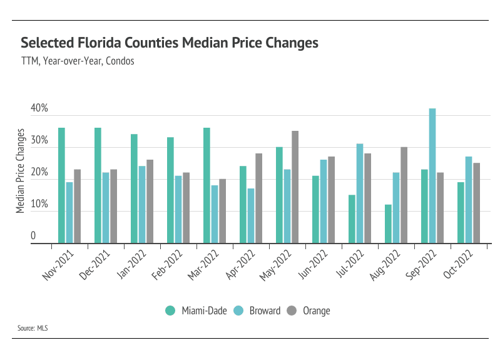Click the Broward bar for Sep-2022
click(432, 175)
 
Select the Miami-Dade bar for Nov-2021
click(61, 185)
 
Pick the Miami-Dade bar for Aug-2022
click(388, 224)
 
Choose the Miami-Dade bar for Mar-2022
click(207, 185)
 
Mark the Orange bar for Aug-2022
click(404, 195)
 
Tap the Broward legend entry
click(258, 311)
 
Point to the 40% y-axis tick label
click(39, 109)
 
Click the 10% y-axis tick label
click(39, 205)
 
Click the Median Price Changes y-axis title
click(21, 171)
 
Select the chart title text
click(170, 43)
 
